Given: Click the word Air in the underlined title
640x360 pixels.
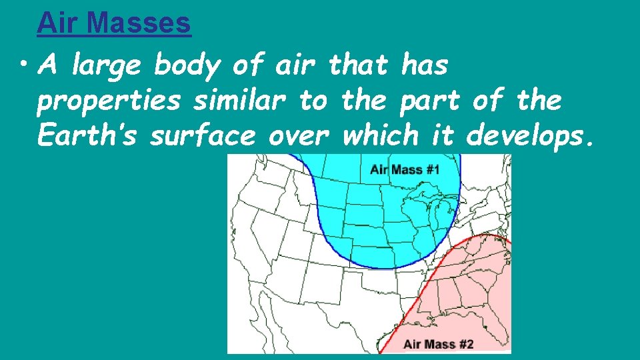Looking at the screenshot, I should click(x=60, y=23).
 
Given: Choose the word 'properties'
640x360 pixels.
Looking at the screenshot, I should click(x=108, y=101).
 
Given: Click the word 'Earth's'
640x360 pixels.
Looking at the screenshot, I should click(x=87, y=136).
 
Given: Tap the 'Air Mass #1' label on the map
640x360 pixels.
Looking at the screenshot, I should click(x=405, y=169).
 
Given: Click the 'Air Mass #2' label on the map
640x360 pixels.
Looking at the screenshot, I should click(x=438, y=344).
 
